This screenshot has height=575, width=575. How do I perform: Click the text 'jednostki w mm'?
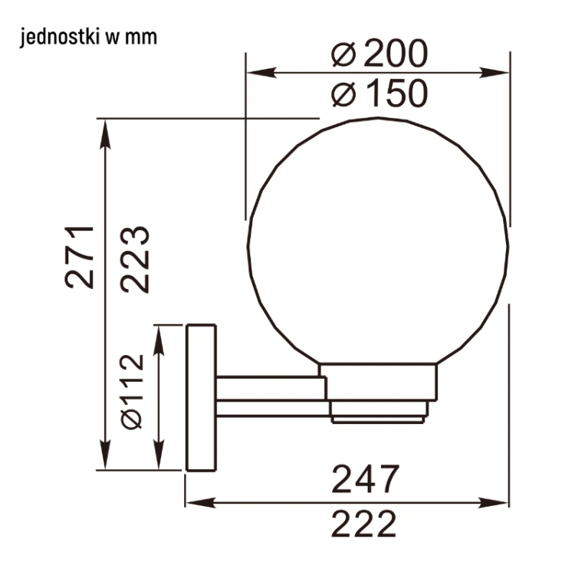pyautogui.click(x=89, y=37)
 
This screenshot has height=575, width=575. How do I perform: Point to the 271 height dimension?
pyautogui.click(x=80, y=257)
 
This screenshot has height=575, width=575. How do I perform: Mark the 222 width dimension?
pyautogui.click(x=365, y=525)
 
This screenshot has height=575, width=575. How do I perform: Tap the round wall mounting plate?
pyautogui.click(x=201, y=397)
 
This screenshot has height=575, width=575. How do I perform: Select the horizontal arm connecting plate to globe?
pyautogui.click(x=268, y=397)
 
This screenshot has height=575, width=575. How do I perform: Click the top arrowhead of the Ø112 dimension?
pyautogui.click(x=159, y=333)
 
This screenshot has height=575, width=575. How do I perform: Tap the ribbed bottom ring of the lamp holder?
pyautogui.click(x=379, y=414)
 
